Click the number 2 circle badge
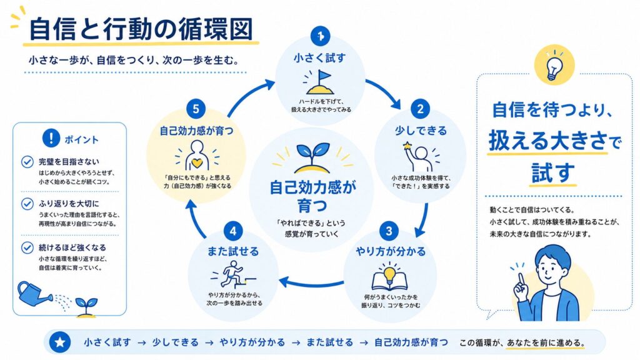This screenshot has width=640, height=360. pos(420,109)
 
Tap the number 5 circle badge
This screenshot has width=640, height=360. pos(196,109)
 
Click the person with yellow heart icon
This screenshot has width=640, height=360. pos(197,156)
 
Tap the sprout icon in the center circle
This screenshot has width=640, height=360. pos(312,157)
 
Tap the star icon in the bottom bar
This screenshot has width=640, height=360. pos(60,342)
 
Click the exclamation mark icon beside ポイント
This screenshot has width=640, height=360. pos(51,138)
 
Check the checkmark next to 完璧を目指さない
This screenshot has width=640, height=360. pos(27,162)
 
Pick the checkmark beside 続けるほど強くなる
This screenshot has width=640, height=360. pos(27,247)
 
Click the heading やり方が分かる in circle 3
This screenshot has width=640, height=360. pos(390,251)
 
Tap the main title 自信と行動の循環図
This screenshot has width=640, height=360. pos(141,29)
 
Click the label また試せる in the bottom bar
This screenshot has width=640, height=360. pos(330,342)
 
